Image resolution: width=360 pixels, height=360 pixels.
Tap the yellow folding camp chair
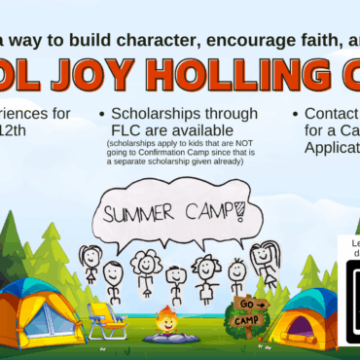pyautogui.click(x=108, y=320)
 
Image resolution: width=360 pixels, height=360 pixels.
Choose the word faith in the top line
pyautogui.click(x=290, y=39)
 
